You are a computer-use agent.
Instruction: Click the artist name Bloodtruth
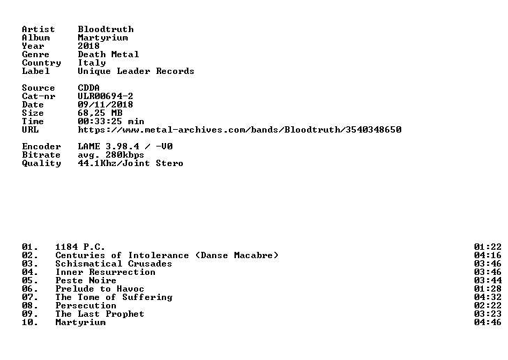105,29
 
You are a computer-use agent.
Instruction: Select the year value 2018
89,46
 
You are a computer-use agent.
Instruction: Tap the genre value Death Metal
108,54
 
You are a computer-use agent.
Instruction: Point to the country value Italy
91,63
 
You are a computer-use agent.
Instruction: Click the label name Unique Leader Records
136,71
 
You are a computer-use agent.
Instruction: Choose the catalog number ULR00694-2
105,96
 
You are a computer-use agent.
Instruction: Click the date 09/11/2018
105,105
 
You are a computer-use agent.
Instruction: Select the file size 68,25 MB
100,113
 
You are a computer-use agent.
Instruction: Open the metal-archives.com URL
240,130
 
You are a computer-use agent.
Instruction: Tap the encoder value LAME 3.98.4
109,147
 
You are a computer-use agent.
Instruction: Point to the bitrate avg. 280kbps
111,155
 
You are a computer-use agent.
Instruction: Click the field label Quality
41,163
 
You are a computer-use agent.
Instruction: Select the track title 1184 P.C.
80,247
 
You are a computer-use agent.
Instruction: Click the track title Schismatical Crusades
114,264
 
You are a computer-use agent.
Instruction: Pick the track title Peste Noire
86,280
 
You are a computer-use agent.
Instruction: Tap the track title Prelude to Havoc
100,289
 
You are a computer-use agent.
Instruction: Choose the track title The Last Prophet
100,314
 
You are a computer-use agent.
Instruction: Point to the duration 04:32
488,297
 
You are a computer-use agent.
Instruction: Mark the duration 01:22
488,247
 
